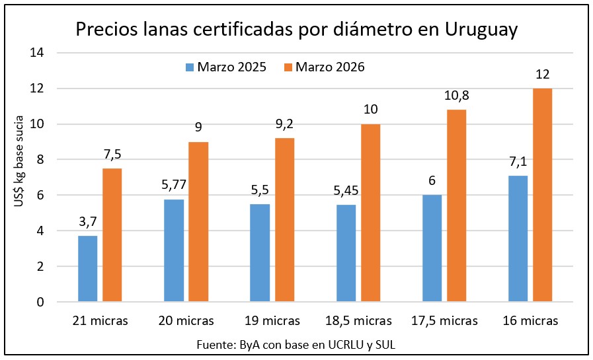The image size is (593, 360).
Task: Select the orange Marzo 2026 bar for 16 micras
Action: pyautogui.click(x=542, y=196)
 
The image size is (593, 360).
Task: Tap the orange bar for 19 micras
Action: pyautogui.click(x=284, y=220)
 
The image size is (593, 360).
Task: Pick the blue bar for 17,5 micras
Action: pyautogui.click(x=432, y=248)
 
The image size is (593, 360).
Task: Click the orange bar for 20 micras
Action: pyautogui.click(x=198, y=222)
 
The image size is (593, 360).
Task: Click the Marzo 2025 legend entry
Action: pyautogui.click(x=226, y=67)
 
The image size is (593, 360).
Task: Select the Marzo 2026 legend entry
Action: pyautogui.click(x=324, y=67)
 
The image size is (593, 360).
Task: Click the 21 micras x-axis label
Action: pyautogui.click(x=100, y=321)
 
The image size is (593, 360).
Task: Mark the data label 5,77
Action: pyautogui.click(x=174, y=186)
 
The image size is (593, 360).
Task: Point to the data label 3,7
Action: pyautogui.click(x=88, y=223)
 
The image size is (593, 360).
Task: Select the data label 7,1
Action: pyautogui.click(x=518, y=162)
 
